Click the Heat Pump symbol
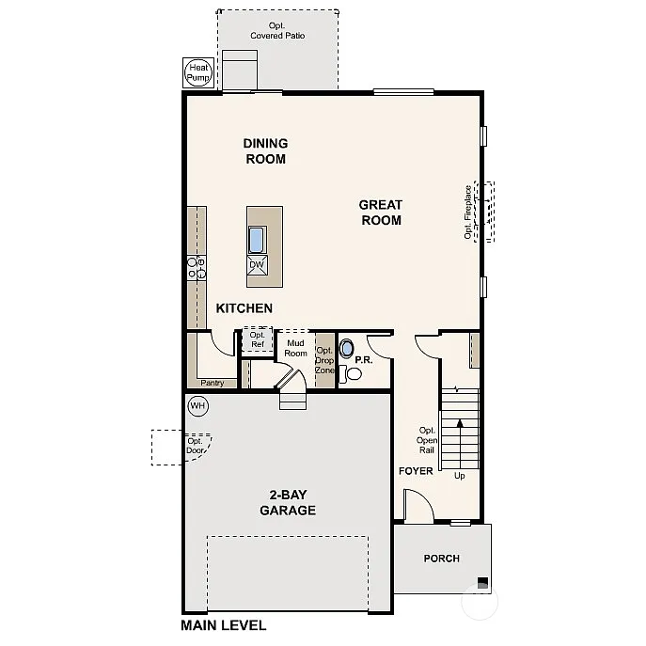coord(198,72)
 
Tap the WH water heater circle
coord(197,406)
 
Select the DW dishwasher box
coord(257,266)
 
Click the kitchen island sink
coord(257,240)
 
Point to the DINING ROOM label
coord(265,151)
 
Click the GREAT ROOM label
coord(380,213)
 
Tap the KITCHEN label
coord(244,308)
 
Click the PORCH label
coord(441,559)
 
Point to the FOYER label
coord(416,471)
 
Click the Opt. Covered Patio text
coord(277,30)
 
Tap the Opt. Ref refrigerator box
coord(257,339)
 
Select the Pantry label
coord(212,383)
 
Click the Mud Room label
coord(296,348)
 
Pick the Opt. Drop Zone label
coord(324,360)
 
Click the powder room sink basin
coord(347,350)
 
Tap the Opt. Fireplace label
coord(468,212)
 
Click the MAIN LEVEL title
coord(223,625)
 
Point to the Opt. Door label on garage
coord(196,446)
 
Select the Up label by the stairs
coord(460,476)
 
